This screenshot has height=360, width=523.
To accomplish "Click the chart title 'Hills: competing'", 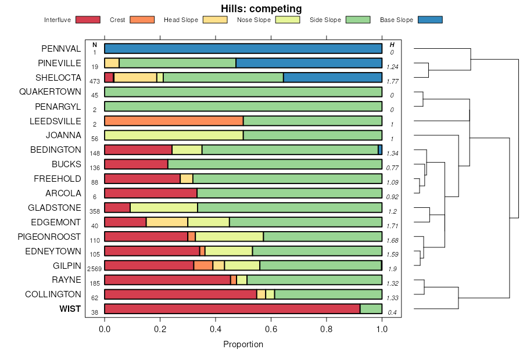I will tap(261, 9).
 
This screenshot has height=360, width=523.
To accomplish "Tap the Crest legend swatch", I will tap(142, 20).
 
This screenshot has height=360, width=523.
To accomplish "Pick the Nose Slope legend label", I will tap(254, 20).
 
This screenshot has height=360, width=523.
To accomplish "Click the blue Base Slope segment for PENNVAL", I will tap(243, 48).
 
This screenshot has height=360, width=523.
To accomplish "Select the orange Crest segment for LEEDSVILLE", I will tap(174, 121).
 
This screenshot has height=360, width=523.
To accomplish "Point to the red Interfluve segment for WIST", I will tap(232, 309).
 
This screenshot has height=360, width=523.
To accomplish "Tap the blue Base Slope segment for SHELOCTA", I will tap(332, 77).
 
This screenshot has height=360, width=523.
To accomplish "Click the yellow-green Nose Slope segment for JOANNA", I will tap(174, 135).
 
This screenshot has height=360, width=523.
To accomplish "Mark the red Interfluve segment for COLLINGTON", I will tap(181, 294).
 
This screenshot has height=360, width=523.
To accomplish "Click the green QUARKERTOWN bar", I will tap(243, 92).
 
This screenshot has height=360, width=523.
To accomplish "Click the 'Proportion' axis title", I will tap(243, 344).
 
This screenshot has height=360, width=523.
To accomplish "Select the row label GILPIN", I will tap(67, 266).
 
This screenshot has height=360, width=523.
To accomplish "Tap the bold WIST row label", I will tap(70, 309).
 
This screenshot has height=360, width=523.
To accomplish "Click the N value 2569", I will tap(95, 269).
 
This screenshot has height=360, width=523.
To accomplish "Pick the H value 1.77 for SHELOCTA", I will tap(392, 81).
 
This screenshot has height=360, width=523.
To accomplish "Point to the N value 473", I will tap(95, 81).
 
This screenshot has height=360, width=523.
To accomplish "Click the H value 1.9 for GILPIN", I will tap(392, 269).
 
